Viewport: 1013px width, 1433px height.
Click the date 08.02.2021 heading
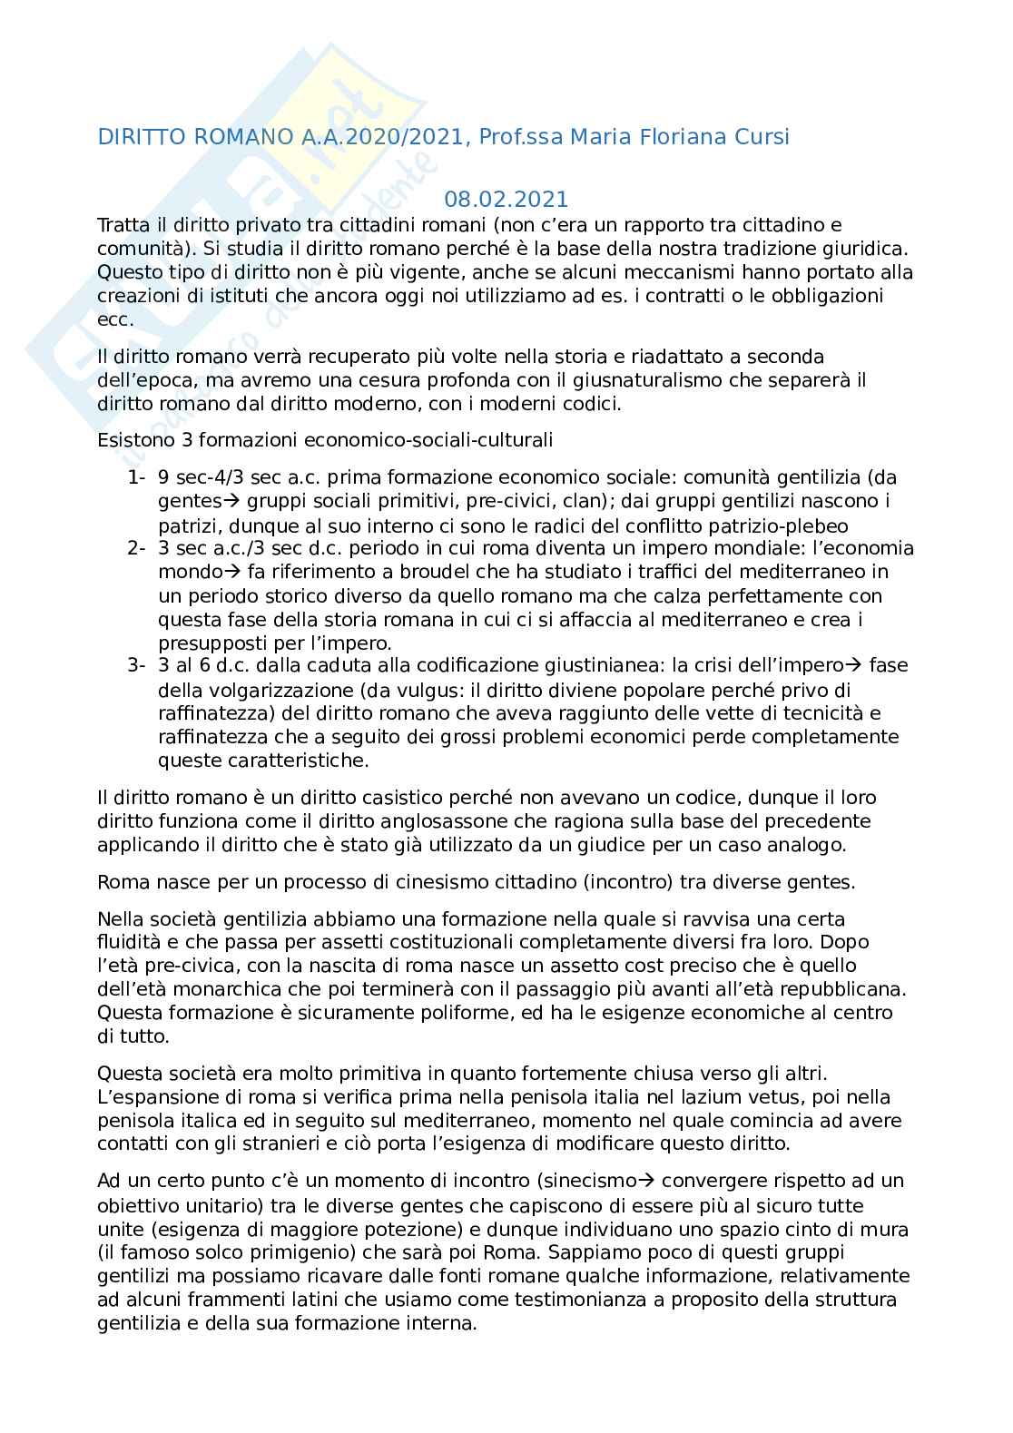coord(506,199)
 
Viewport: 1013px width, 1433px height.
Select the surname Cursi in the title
coord(758,137)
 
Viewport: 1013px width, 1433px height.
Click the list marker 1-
coord(137,477)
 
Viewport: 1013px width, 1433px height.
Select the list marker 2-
coord(137,548)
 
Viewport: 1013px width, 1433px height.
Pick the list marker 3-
coord(137,665)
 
